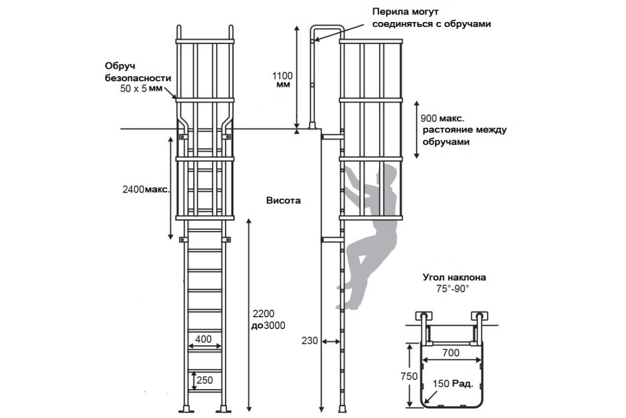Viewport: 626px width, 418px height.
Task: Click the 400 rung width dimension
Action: point(203,339)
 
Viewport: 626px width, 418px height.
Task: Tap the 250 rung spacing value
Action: point(205,380)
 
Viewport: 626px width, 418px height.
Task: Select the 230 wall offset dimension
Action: point(310,340)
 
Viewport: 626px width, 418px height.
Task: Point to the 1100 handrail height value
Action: point(282,76)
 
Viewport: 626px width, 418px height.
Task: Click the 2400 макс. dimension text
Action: point(146,190)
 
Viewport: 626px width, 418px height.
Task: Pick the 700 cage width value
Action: point(451,353)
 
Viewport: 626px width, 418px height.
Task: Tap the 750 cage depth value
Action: point(409,376)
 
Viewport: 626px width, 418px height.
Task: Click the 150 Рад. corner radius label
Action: point(453,384)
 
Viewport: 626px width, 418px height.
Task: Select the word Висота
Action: point(283,200)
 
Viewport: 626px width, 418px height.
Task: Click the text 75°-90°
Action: point(453,289)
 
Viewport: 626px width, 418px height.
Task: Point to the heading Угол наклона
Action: point(455,277)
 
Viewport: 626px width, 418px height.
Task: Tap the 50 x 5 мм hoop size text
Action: point(141,89)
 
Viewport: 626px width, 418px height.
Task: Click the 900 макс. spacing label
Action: point(442,118)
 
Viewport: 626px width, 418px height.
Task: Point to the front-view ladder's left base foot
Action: point(186,409)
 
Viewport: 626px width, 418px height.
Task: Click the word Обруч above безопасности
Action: point(120,66)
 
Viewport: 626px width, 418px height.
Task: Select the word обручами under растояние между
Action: point(446,142)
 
